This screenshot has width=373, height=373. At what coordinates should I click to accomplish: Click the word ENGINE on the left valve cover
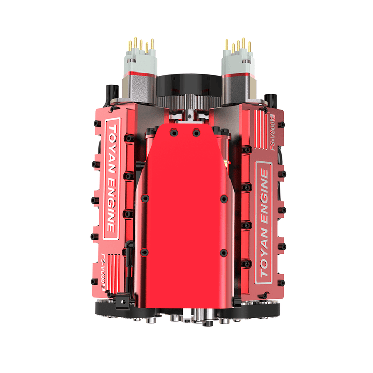coord(111,199)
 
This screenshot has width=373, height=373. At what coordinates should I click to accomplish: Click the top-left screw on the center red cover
coord(174,133)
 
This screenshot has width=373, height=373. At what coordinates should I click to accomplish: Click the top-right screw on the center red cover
coord(196,133)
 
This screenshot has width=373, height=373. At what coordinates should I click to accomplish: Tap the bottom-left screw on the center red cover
coord(145,252)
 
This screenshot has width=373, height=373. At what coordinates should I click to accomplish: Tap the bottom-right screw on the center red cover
coord(223,253)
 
